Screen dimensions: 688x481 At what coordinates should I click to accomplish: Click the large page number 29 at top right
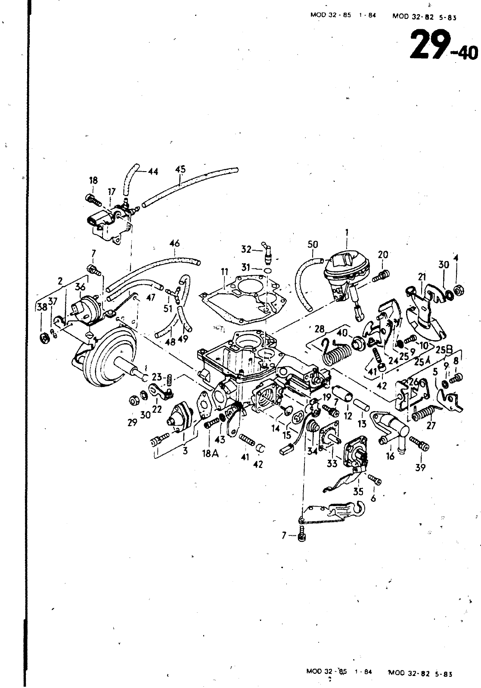427,45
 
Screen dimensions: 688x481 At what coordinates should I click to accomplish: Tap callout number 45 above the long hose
181,169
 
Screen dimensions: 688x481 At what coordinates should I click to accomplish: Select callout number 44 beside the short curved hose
152,172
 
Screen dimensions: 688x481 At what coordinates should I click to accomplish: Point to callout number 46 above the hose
174,244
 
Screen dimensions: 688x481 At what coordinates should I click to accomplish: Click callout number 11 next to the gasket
224,272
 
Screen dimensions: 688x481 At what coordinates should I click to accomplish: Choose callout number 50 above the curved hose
313,244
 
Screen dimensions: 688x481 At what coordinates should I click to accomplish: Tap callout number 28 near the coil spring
319,329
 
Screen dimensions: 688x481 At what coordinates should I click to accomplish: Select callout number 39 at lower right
420,467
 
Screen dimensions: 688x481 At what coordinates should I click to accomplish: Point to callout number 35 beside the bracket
358,491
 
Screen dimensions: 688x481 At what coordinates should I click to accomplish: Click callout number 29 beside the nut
132,423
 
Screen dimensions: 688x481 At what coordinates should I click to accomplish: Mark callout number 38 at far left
42,307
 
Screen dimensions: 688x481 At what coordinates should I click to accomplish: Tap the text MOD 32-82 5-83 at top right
424,17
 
